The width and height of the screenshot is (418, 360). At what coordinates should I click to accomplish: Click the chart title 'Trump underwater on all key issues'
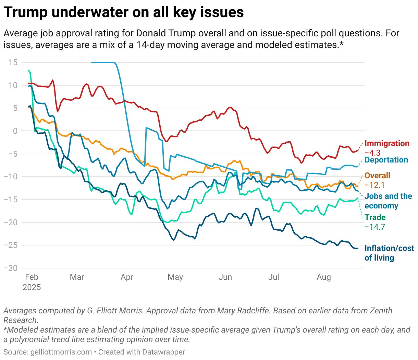coord(124,12)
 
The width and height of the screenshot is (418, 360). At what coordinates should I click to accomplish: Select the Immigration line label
coord(386,143)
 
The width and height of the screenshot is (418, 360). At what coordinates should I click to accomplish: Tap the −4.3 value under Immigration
coord(372,153)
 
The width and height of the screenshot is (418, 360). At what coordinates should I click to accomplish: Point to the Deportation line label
coord(386,160)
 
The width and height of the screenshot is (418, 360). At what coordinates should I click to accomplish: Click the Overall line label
coord(377,176)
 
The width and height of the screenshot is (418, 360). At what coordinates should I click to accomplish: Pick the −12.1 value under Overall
coord(374,185)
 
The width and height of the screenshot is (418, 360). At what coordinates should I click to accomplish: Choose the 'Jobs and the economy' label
coord(388,201)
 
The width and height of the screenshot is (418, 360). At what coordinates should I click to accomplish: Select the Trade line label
coord(375,217)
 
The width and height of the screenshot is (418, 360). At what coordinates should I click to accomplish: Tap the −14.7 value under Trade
coord(374,227)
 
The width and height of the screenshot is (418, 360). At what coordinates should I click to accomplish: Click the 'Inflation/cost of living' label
coord(389,253)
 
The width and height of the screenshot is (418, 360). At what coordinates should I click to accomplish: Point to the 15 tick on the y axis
coord(13,62)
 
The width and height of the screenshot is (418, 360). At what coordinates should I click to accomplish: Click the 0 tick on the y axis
coord(15,131)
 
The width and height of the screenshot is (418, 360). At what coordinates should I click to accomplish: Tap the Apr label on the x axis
coord(127,277)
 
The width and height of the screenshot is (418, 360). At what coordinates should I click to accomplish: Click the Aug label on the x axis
coord(324,277)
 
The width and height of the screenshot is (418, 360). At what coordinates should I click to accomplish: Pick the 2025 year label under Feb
coord(32,287)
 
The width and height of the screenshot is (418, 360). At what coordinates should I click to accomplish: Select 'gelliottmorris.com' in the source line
coord(61,352)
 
